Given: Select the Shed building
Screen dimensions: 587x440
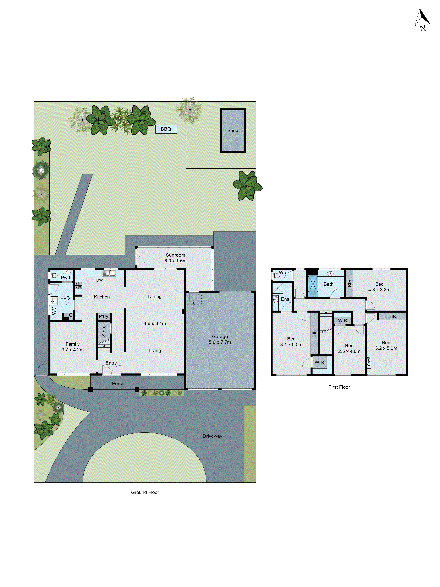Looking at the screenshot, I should point(233,131).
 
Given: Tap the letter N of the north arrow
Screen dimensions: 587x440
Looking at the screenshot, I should point(423,28).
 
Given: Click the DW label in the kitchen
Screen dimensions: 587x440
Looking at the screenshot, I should point(99,280).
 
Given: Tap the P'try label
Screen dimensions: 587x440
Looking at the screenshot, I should point(103,316).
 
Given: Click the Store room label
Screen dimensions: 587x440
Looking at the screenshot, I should point(104,331).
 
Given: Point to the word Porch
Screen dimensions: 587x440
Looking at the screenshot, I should point(118,383).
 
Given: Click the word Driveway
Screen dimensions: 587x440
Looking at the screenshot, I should point(212,436).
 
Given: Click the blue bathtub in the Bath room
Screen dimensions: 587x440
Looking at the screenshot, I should point(313,286).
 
